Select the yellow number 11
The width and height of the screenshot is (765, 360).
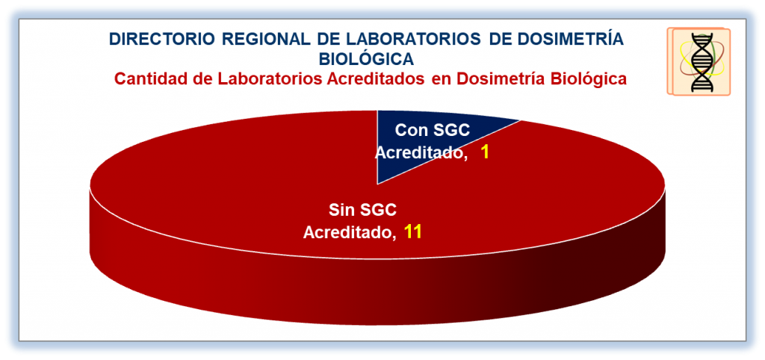coord(412,232)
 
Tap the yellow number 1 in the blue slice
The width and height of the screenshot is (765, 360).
coord(485,152)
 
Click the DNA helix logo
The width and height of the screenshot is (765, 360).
coord(699,61)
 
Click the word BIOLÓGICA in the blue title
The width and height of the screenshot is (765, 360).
coord(366,58)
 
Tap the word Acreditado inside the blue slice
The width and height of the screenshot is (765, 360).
coord(420,152)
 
